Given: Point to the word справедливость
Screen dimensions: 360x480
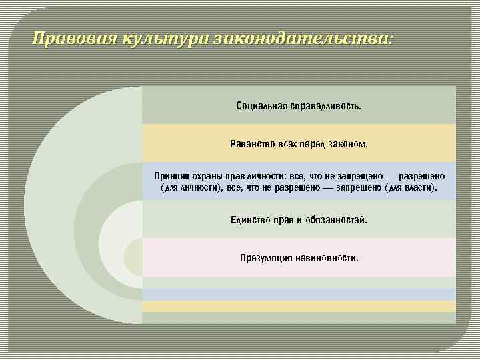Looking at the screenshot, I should [x=326, y=106].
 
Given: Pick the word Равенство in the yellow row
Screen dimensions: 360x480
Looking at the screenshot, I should [x=252, y=144].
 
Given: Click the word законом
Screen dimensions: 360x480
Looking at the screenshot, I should [x=348, y=144].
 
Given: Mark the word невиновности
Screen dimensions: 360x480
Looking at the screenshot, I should [x=327, y=257].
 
